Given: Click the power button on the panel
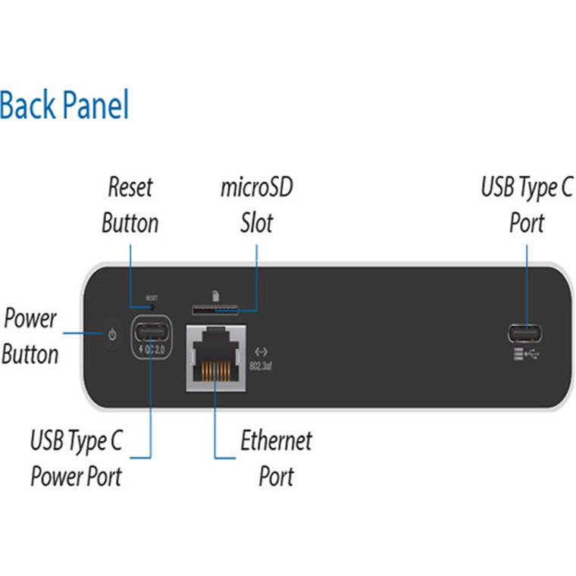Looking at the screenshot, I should click(x=112, y=334).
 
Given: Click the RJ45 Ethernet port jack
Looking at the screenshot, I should click(x=215, y=358).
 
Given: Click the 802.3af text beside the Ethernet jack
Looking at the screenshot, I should click(x=260, y=367).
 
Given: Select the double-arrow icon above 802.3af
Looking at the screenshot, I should click(x=261, y=352).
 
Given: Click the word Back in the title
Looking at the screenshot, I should click(x=29, y=105).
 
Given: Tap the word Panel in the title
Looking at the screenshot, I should click(x=96, y=105).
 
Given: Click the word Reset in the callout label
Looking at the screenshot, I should click(x=130, y=186).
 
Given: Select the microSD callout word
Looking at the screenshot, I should click(x=256, y=186).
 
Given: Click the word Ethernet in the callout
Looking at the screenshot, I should click(x=276, y=440).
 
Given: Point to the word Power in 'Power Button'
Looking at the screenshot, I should click(x=30, y=318).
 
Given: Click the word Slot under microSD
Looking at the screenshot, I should click(x=256, y=223).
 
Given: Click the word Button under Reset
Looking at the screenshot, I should click(x=130, y=223).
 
